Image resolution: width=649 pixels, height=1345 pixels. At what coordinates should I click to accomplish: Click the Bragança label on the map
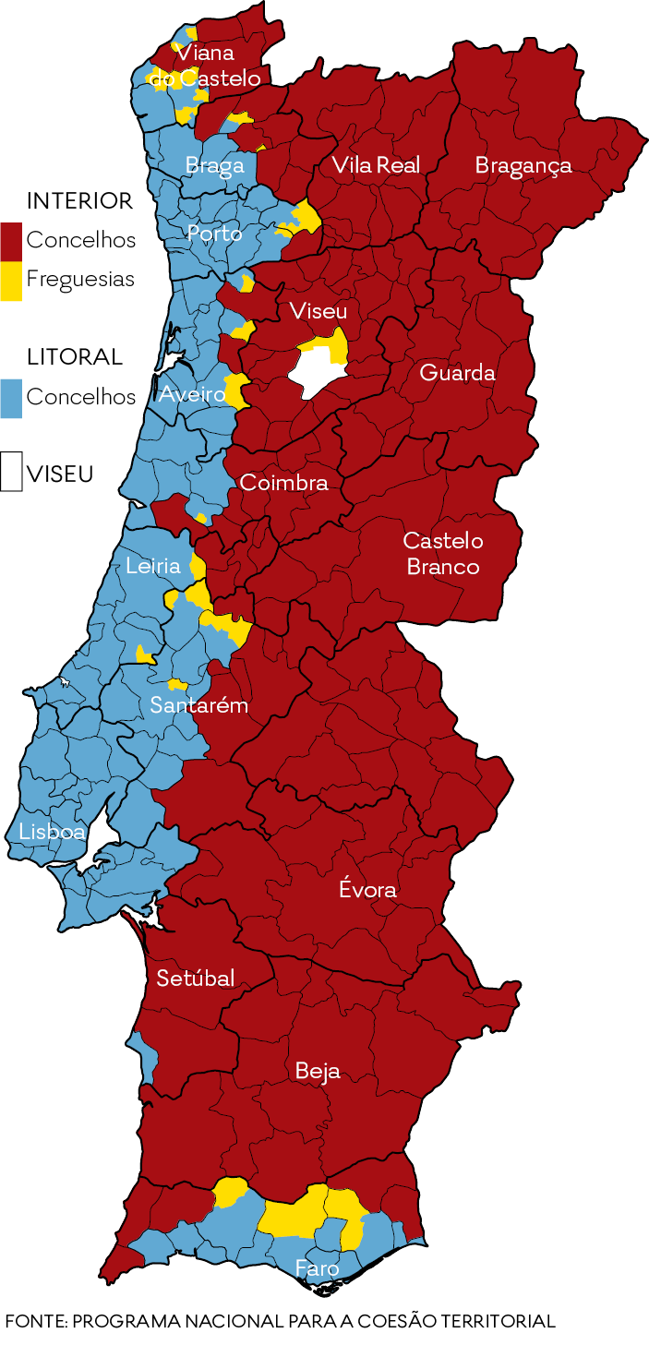coord(523,165)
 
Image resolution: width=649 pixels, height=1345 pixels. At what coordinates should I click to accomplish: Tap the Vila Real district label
coord(376,165)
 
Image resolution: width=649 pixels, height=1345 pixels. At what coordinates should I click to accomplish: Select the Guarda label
coord(457,373)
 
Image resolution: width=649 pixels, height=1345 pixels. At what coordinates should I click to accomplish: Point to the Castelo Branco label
coord(443,553)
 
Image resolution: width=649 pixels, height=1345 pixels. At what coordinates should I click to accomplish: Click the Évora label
coord(367,890)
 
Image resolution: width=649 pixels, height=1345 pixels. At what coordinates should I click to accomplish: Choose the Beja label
coord(318,1071)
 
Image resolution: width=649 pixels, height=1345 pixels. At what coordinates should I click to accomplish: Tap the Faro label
coord(317,1268)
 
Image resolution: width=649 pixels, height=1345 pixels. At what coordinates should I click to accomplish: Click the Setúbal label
coord(196,979)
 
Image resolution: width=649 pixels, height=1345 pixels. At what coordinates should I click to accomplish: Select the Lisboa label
coord(52,832)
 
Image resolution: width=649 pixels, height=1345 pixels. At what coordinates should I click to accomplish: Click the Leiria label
coord(153,566)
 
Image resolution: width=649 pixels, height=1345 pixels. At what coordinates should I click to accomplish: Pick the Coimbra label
coord(283,483)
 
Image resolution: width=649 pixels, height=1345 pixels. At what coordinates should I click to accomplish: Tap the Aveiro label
coord(192,395)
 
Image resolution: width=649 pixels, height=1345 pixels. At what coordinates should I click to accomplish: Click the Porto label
coord(214,234)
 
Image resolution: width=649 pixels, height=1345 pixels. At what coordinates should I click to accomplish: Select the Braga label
coord(215,165)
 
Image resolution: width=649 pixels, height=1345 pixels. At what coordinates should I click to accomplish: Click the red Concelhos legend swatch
coord(11,240)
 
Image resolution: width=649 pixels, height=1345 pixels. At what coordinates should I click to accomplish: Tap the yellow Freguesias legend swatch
coord(11,281)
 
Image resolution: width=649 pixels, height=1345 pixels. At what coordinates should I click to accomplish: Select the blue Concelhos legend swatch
coord(11,398)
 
